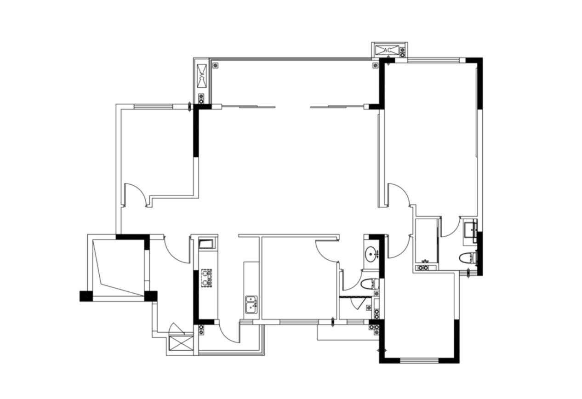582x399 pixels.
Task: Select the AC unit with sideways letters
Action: coord(202,76)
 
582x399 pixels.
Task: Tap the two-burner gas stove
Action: coord(206,278)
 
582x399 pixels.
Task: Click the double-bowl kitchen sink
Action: coord(251,305)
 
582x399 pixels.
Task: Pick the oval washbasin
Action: coord(371,252)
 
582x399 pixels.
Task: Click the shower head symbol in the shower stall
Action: coord(426,261)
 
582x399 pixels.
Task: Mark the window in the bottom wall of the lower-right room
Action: coord(419,360)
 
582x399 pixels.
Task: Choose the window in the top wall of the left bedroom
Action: coord(153,106)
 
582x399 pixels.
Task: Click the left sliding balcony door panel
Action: coord(249,107)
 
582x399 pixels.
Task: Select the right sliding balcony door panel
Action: coord(337,107)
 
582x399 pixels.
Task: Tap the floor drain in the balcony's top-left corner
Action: coord(215,65)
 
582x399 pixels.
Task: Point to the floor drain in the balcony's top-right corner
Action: coord(375,65)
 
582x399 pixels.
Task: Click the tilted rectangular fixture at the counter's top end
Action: coord(206,245)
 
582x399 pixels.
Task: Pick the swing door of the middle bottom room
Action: coord(327,251)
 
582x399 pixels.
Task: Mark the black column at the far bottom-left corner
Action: coord(86,296)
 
